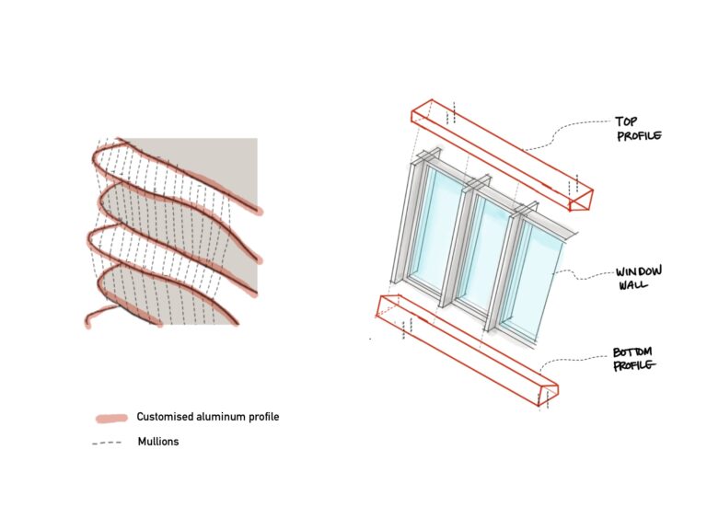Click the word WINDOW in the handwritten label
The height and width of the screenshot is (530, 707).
tap(637, 273)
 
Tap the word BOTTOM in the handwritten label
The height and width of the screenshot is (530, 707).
tap(634, 352)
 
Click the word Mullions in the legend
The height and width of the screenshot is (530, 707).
tap(157, 442)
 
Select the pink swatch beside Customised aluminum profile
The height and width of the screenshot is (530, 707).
tap(110, 419)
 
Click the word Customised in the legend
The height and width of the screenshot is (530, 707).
tap(164, 417)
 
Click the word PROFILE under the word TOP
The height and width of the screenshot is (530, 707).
tap(639, 136)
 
